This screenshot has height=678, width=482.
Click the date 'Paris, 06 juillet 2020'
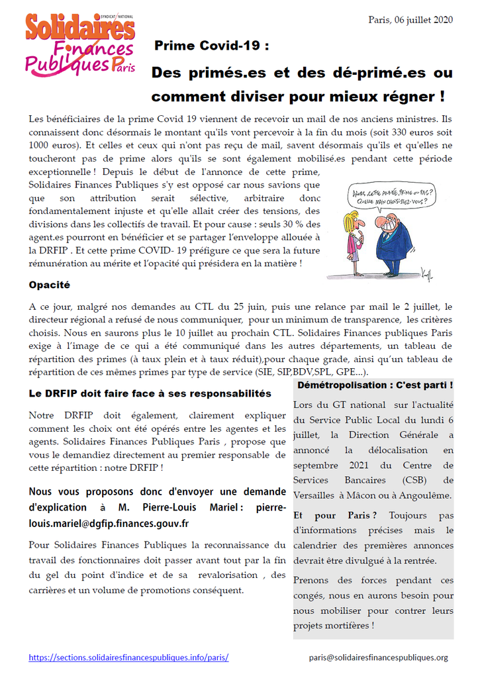tap(410, 20)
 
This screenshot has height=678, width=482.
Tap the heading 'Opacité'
tap(50, 285)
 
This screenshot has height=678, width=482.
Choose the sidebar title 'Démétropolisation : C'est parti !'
tap(375, 385)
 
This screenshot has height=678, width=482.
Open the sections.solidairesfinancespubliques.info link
tap(129, 657)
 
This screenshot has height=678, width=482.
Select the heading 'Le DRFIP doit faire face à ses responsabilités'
tap(150, 393)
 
